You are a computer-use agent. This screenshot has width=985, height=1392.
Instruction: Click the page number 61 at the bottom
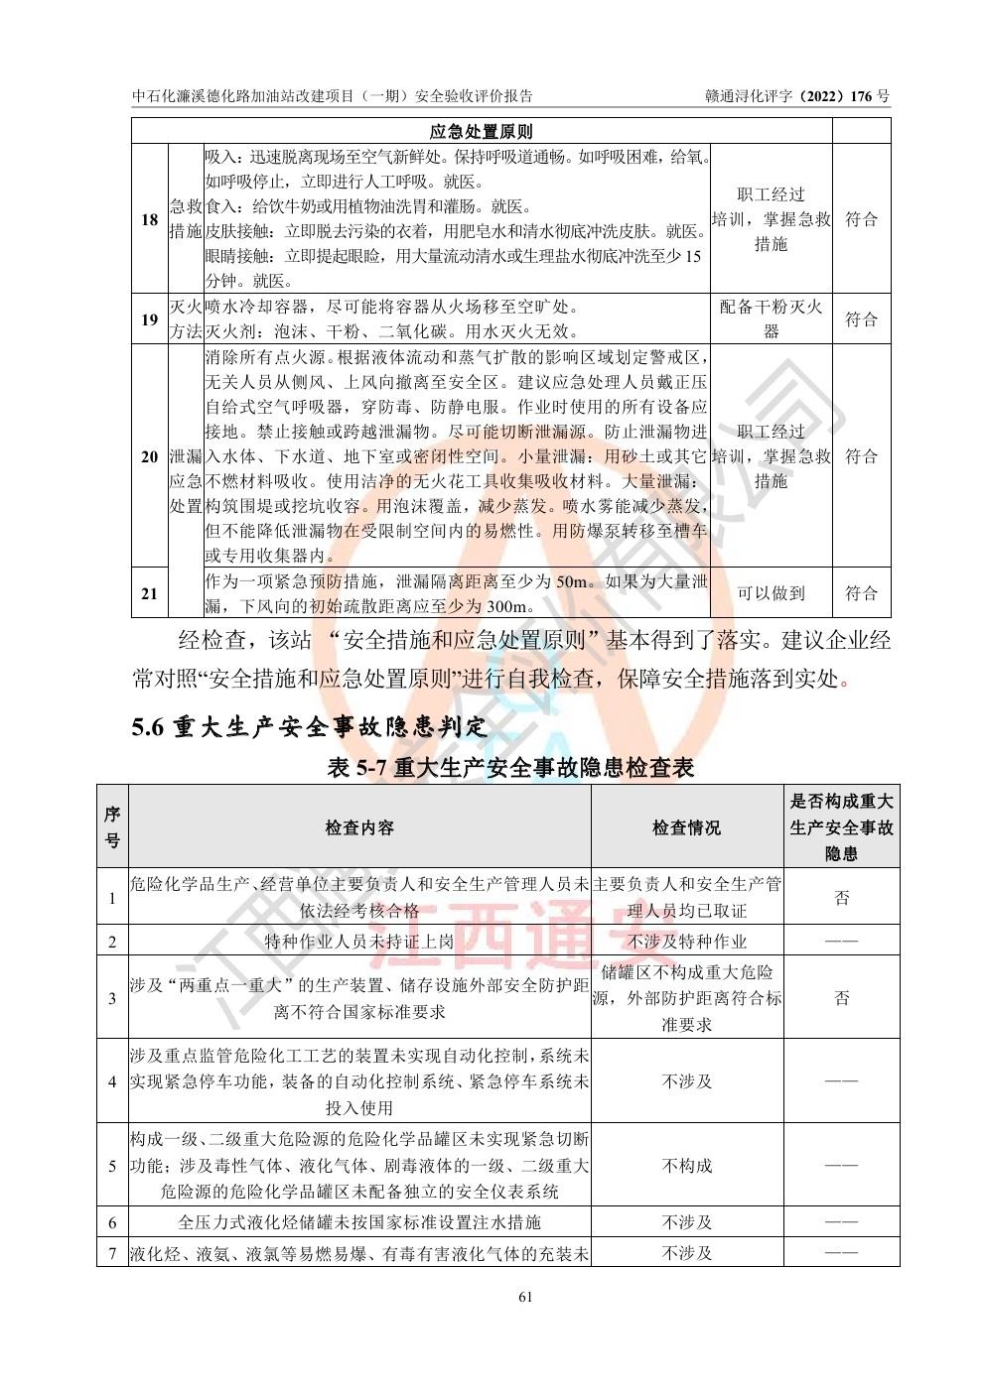click(x=526, y=1296)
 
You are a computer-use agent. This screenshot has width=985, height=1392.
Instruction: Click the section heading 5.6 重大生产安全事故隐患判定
click(x=310, y=727)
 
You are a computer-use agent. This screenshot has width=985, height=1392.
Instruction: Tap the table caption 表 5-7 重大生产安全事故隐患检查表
click(x=510, y=767)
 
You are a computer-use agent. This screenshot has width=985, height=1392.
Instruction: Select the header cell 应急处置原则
click(x=481, y=132)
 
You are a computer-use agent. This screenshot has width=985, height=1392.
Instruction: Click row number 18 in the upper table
click(x=150, y=219)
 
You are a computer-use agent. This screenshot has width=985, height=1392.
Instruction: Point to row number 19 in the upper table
click(x=150, y=319)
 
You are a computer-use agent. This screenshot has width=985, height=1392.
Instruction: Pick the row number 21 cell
click(x=150, y=593)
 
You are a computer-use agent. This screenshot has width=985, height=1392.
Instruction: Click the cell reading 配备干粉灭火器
click(x=771, y=319)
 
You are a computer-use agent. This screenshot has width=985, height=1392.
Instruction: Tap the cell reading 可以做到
click(x=771, y=593)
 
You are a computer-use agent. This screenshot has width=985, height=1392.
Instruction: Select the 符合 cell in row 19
click(x=861, y=319)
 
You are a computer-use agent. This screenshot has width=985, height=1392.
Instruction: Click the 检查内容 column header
click(x=359, y=827)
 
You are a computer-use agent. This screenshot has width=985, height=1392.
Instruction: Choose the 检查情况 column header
click(x=686, y=827)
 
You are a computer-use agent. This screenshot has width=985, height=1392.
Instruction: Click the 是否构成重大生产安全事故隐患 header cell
click(x=841, y=827)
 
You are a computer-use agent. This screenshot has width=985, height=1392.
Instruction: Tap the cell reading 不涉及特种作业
click(x=686, y=942)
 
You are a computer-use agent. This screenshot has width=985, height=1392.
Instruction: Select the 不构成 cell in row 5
click(x=686, y=1165)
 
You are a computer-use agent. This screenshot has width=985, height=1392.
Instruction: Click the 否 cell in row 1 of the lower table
click(x=841, y=898)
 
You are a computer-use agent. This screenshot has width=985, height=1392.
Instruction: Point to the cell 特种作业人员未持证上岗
click(x=359, y=942)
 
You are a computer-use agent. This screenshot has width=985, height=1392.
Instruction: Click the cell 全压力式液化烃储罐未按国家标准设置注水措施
click(x=359, y=1222)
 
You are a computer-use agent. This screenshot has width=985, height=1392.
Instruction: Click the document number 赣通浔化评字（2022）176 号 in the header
click(x=797, y=96)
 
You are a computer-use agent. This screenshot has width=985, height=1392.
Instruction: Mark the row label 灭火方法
click(x=186, y=319)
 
